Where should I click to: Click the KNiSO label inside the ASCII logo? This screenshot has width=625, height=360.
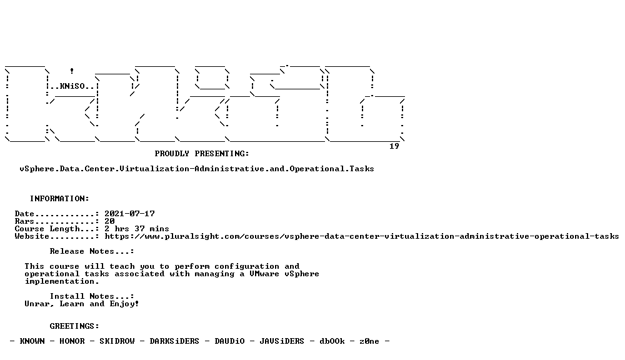[72, 86]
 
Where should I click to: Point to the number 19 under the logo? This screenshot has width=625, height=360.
[394, 146]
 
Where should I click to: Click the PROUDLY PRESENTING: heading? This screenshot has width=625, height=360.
[202, 154]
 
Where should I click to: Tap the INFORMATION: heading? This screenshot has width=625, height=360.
[59, 199]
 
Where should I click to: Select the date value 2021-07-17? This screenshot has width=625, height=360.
[129, 214]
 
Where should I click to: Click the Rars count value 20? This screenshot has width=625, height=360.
[109, 221]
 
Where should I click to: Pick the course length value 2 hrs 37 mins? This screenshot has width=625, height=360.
[137, 229]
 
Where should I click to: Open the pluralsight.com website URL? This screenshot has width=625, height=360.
[361, 236]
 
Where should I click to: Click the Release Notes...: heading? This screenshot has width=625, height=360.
[92, 251]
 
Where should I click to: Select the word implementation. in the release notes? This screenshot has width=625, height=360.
[62, 281]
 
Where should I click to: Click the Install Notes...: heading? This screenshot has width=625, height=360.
[92, 296]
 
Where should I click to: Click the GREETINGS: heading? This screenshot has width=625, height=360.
[74, 326]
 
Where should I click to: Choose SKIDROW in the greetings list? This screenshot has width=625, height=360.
[117, 341]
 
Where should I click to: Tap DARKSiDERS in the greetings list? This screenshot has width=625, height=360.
[174, 341]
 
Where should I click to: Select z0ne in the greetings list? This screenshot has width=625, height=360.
[369, 341]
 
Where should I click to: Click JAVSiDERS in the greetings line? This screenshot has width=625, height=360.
[282, 341]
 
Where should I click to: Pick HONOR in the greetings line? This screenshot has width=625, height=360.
[72, 341]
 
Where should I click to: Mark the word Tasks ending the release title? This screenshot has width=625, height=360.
[362, 169]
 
